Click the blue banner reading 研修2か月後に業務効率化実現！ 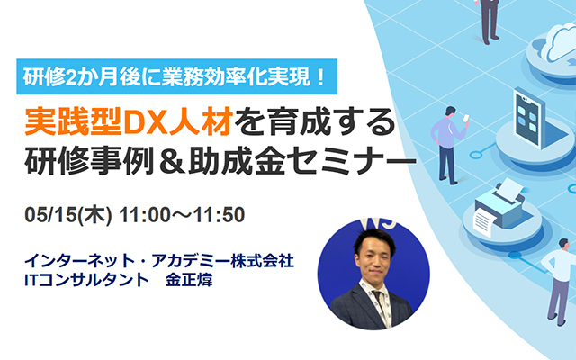tap(176, 76)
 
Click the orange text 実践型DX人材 tap(129, 122)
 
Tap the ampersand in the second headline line tap(171, 161)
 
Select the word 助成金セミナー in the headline tap(302, 161)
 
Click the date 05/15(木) tap(68, 214)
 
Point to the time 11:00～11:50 tap(182, 215)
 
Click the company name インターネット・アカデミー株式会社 tap(159, 261)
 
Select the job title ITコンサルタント tap(86, 280)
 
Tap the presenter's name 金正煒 tap(189, 280)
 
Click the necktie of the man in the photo tap(380, 304)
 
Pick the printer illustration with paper tap(500, 208)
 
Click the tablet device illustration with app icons tap(528, 117)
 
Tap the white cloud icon tap(560, 43)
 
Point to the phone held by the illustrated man tap(466, 119)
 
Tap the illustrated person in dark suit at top tap(490, 21)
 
